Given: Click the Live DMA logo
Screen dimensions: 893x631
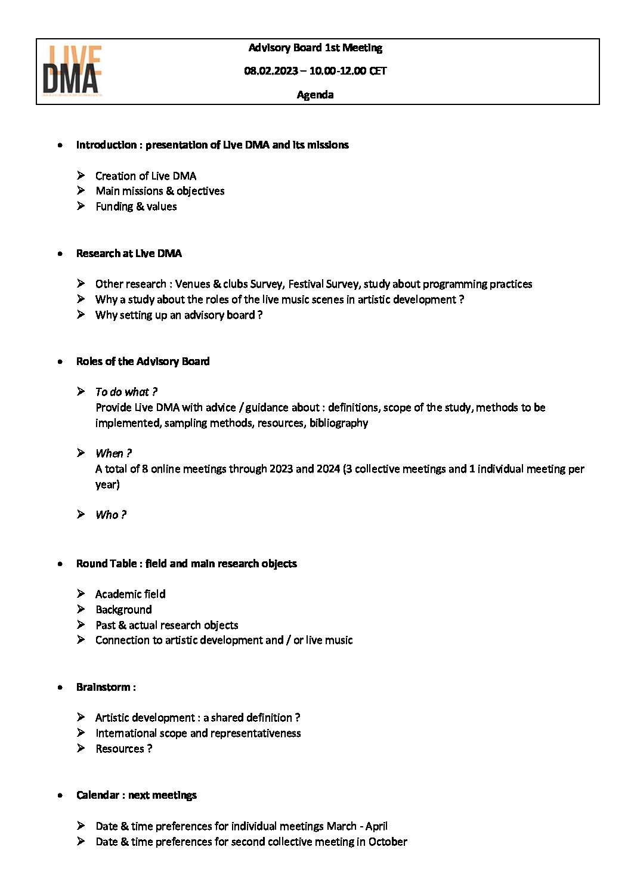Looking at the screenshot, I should (72, 71).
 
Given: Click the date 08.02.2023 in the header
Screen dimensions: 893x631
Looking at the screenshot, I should (271, 71).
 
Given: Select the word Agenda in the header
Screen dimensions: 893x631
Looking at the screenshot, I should (315, 95).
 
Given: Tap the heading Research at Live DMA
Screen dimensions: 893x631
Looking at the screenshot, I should (129, 254).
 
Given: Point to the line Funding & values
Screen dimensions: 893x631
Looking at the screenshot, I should (136, 206).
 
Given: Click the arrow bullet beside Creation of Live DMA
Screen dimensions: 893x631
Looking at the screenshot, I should (81, 175).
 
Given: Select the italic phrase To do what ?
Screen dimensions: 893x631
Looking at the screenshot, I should (126, 392).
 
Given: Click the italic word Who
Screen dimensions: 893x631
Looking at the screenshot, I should (107, 515).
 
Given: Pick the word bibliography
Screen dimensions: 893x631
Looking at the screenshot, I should (339, 423).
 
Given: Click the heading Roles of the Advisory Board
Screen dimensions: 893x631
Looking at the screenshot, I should (143, 361).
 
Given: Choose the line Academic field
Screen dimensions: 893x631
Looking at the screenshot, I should (130, 594).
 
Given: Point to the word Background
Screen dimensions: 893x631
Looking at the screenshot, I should (123, 610).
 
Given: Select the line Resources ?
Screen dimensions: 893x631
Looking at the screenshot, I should (123, 749).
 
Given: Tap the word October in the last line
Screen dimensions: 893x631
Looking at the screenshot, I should (388, 842).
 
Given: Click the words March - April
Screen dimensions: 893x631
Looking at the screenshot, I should (357, 826).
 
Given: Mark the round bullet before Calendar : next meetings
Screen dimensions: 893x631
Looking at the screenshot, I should (60, 796).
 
